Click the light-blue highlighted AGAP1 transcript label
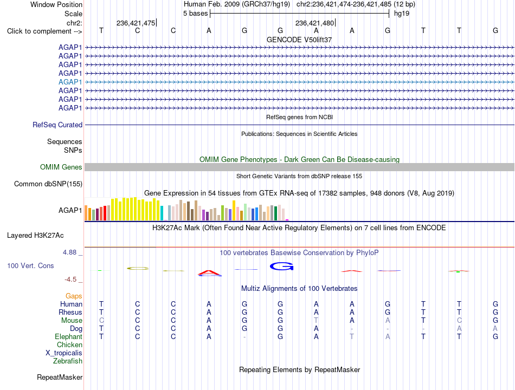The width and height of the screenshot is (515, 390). pos(70,82)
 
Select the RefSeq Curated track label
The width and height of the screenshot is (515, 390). pos(57,125)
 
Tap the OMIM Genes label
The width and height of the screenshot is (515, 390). pos(61,167)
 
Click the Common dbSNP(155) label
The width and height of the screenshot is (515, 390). pos(48,184)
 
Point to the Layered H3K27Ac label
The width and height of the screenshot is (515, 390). pos(35,236)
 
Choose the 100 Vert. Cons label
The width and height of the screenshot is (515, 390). pos(30,265)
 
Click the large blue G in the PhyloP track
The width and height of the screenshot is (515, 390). pos(281,266)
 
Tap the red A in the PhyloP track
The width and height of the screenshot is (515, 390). pos(210,273)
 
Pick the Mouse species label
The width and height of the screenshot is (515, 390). pos(72,321)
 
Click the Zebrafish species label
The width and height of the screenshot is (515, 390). pos(68,361)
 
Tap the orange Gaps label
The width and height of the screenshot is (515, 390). pos(74,296)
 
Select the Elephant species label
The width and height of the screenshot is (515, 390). pos(69,337)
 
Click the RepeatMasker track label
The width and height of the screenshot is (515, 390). pos(60,378)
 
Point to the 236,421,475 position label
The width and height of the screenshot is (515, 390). pos(136,23)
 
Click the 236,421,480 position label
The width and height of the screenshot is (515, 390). pos(314,23)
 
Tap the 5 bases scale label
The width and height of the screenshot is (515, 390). pos(195,14)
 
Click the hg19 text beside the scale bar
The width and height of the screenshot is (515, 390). pos(402,14)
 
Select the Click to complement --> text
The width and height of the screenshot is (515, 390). pos(44,31)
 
